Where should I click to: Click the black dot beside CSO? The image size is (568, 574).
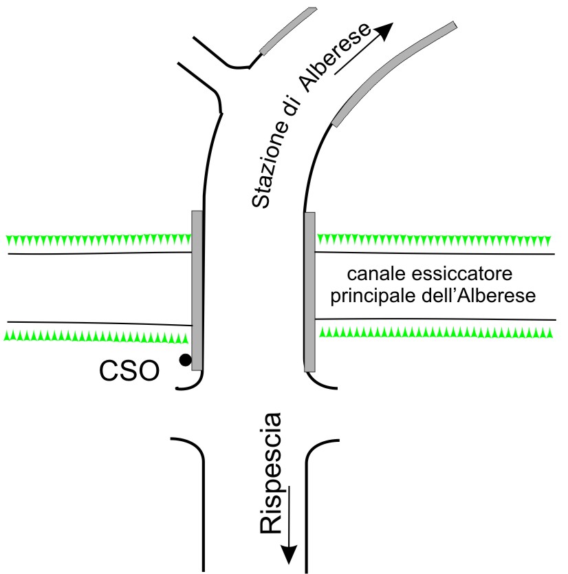(x=185, y=360)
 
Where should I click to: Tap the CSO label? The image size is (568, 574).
(x=129, y=371)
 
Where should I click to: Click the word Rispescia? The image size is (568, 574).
(x=271, y=474)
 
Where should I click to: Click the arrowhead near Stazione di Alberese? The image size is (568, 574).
(x=383, y=30)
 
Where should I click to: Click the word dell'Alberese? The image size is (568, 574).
(x=479, y=295)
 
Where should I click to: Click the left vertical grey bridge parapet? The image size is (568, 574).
(x=197, y=290)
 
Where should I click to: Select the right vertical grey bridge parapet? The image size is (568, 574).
(x=309, y=292)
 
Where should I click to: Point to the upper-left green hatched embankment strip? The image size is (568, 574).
(x=99, y=240)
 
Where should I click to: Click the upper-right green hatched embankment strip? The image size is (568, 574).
(x=434, y=240)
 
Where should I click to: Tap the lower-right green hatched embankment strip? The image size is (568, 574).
(x=436, y=332)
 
